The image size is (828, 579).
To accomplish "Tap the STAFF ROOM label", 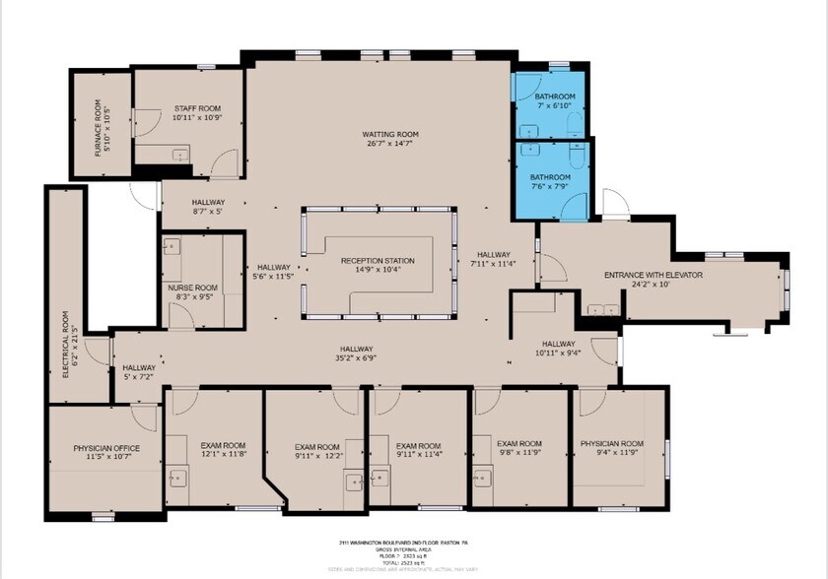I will click(197, 108).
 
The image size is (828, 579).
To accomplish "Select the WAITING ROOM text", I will click(390, 134).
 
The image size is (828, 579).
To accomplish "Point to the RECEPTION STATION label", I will click(378, 261).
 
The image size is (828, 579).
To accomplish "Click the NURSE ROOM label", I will click(192, 288).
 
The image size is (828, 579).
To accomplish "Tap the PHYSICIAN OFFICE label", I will click(106, 449).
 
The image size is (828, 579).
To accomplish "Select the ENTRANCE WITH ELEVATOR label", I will click(653, 275).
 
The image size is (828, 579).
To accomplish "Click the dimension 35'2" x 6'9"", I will click(357, 359).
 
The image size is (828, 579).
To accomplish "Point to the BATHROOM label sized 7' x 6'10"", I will click(553, 96).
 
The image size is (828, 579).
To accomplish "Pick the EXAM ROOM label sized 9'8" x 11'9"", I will click(519, 444).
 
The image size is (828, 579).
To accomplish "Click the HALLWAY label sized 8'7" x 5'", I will click(208, 203).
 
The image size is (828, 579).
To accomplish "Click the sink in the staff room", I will click(178, 155).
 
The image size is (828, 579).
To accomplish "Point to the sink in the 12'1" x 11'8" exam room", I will click(178, 479).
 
